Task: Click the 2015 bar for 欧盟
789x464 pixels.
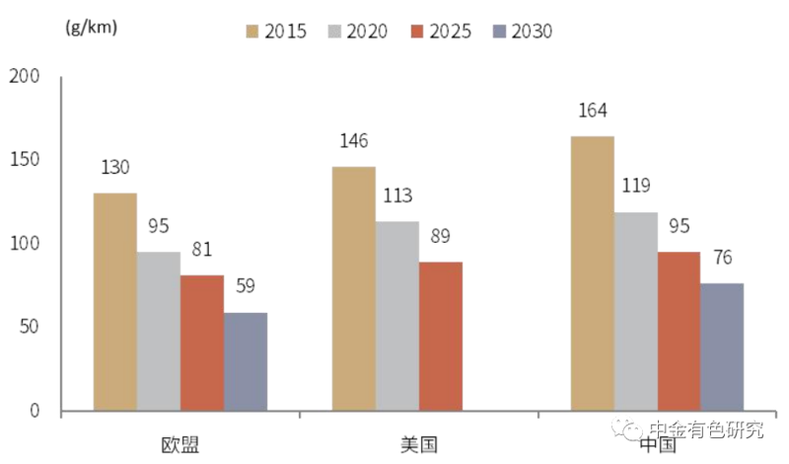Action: click(x=114, y=301)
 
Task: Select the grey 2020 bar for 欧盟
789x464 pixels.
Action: click(x=158, y=331)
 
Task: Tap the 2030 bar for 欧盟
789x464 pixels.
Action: click(x=245, y=361)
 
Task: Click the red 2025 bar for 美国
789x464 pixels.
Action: click(x=440, y=336)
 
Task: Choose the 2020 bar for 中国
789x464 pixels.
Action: click(x=635, y=311)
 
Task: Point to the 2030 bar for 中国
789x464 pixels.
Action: click(x=722, y=347)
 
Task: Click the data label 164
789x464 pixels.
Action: click(x=592, y=110)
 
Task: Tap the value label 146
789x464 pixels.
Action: click(x=353, y=141)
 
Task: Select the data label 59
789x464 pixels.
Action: click(x=245, y=287)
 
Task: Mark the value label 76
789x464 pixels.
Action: click(x=722, y=259)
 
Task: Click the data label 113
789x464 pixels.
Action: click(x=396, y=195)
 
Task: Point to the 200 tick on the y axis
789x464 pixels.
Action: click(x=23, y=77)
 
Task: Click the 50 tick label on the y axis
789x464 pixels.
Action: click(x=29, y=327)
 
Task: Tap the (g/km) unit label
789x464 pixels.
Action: click(x=91, y=27)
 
